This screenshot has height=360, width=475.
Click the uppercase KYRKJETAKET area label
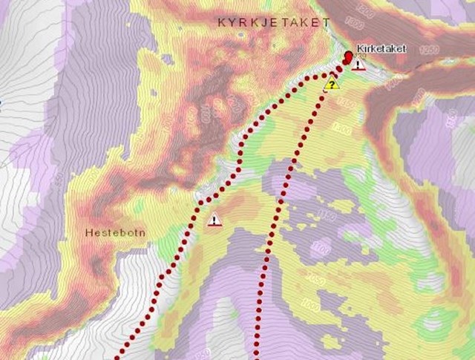pyautogui.click(x=273, y=23)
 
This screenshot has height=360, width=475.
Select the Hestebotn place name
pyautogui.click(x=114, y=232)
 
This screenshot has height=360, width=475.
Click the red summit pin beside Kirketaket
pyautogui.click(x=349, y=57)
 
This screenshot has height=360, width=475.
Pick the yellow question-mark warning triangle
pyautogui.click(x=332, y=83)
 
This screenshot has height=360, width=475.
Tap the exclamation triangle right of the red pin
pyautogui.click(x=359, y=65)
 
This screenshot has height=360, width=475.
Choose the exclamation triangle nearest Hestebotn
pyautogui.click(x=214, y=220)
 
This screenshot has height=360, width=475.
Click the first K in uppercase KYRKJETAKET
pyautogui.click(x=221, y=23)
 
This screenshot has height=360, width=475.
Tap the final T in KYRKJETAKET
pyautogui.click(x=327, y=23)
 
